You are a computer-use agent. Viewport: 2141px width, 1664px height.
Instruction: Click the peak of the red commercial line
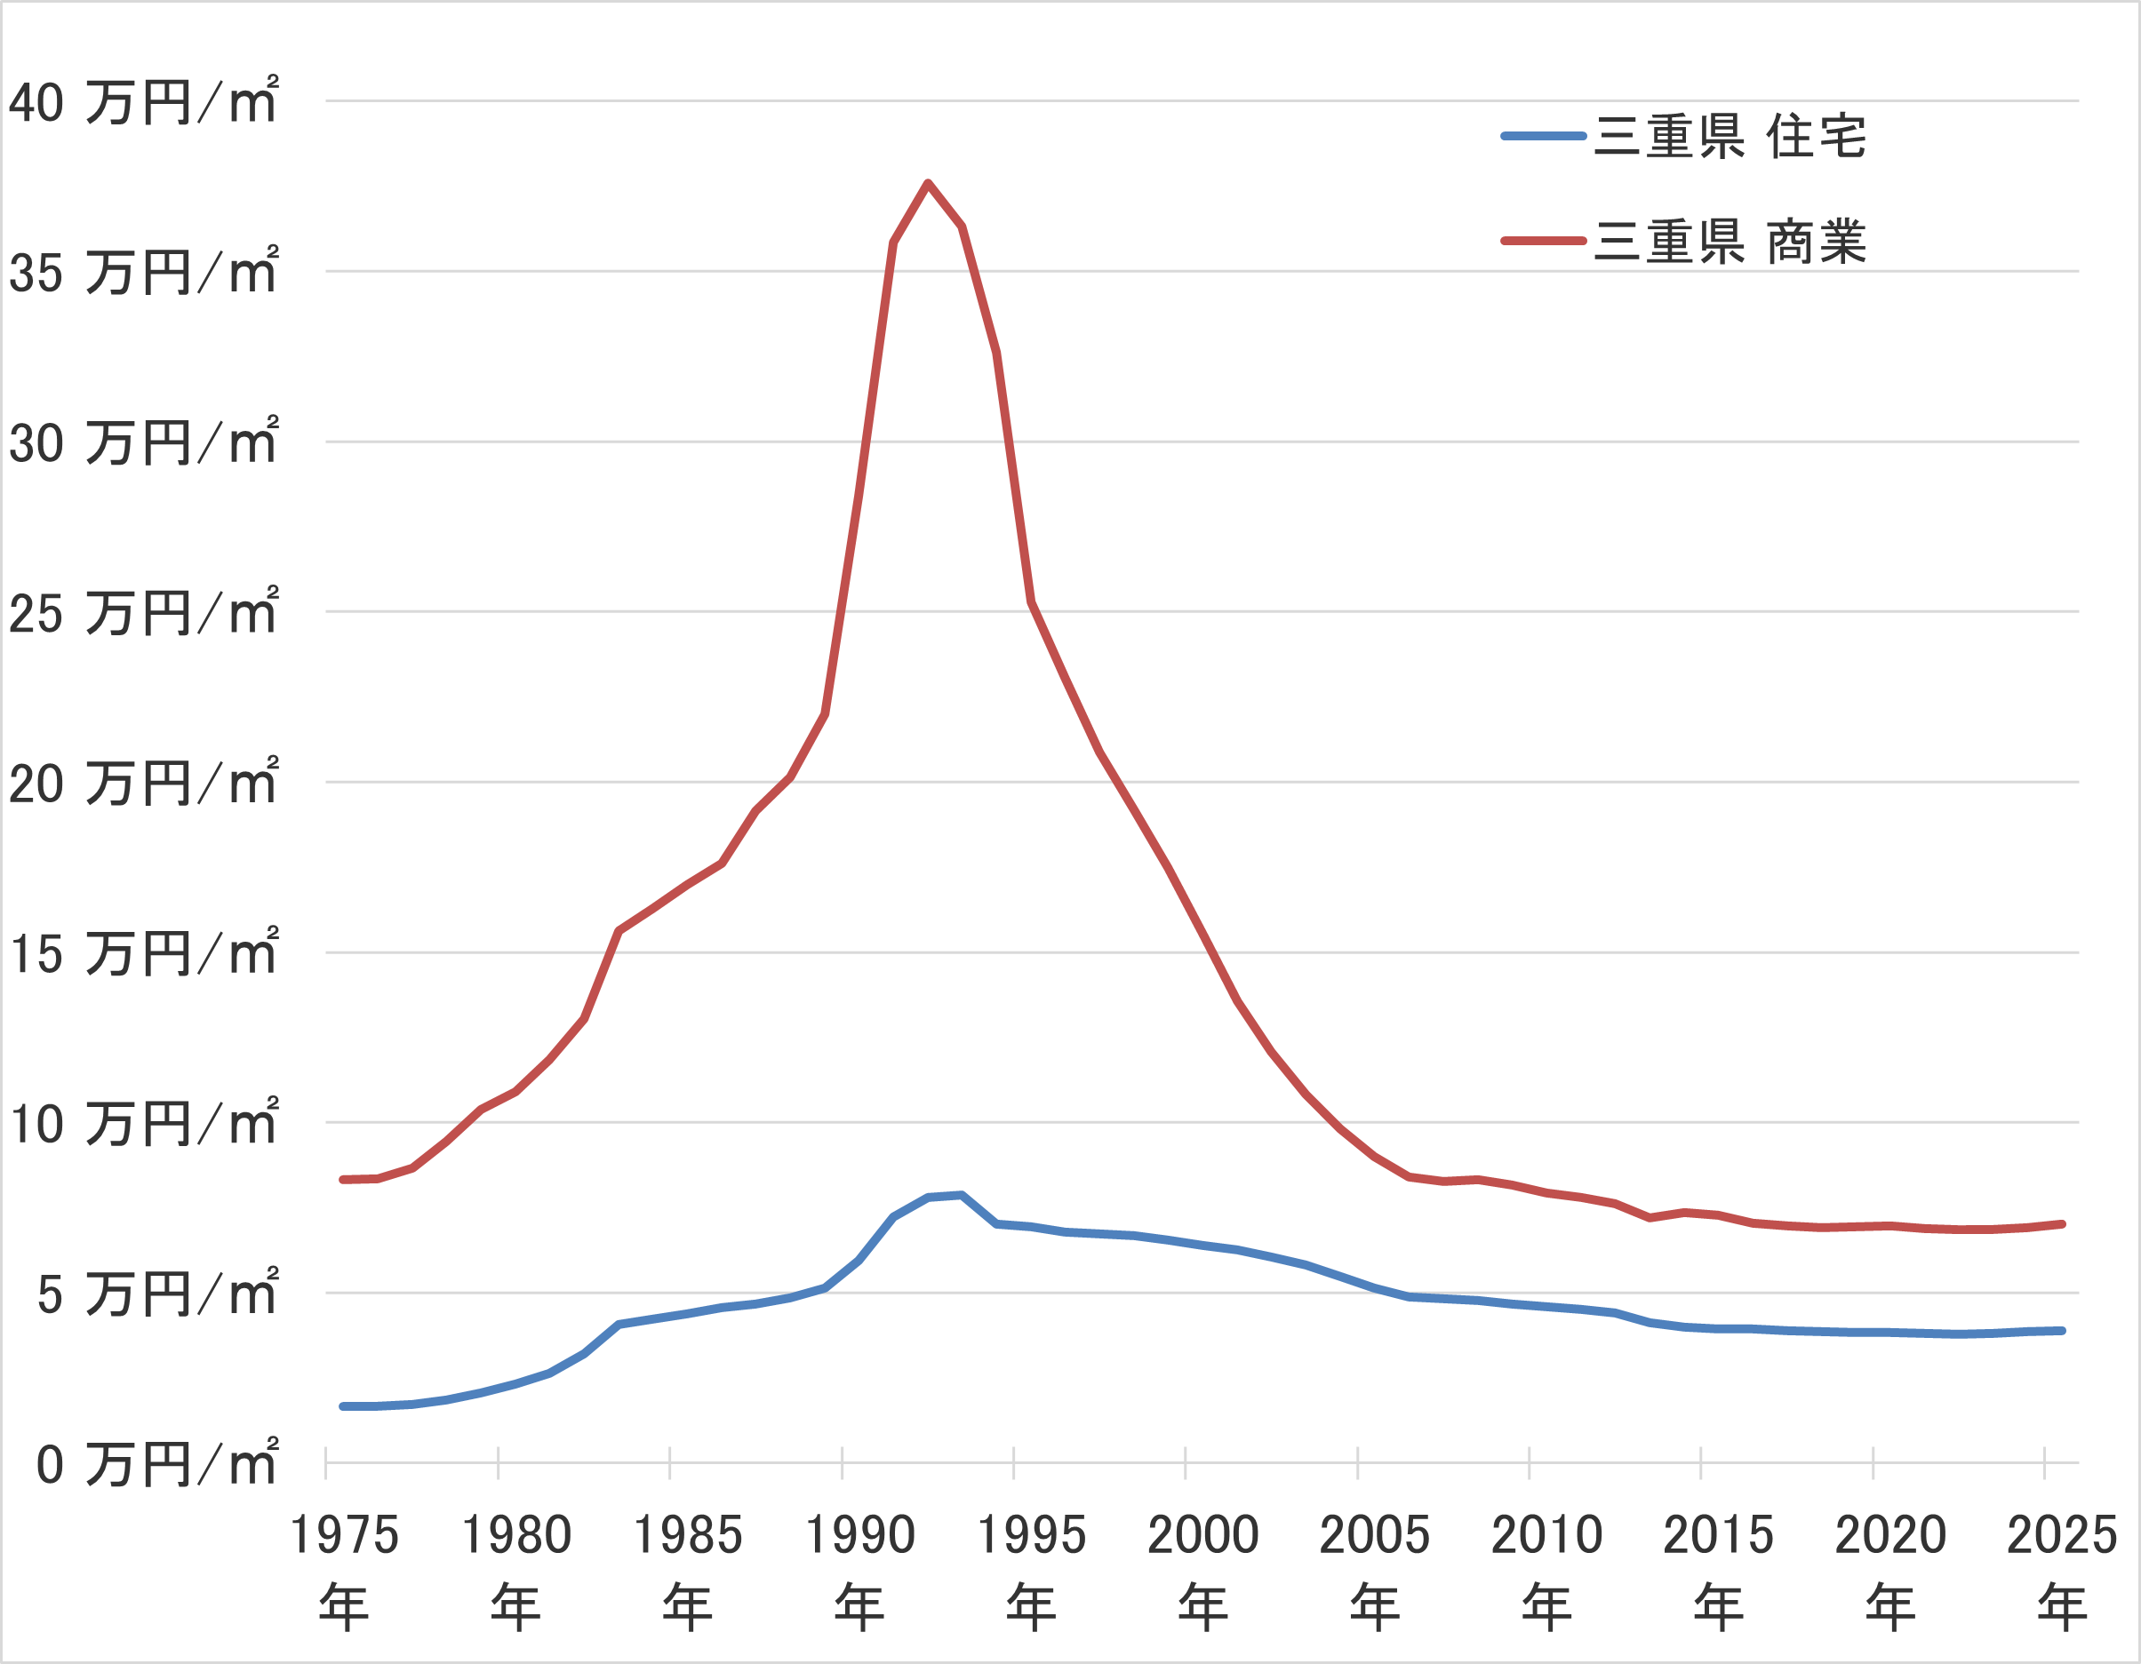click(x=927, y=183)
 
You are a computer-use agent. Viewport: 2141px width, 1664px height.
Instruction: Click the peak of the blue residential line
click(x=962, y=1195)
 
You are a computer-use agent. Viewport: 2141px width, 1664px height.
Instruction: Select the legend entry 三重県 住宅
click(x=1730, y=136)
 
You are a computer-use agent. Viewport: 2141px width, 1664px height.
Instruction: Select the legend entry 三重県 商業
click(x=1730, y=241)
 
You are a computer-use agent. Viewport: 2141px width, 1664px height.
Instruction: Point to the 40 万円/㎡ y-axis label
click(x=143, y=101)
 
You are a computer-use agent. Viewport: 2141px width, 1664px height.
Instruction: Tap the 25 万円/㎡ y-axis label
click(x=143, y=612)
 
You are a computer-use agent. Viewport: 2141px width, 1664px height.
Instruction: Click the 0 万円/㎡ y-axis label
click(x=156, y=1464)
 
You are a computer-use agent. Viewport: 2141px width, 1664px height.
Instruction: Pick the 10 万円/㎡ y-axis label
click(x=143, y=1123)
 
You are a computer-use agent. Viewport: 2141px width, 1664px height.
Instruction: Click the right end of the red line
click(x=2063, y=1224)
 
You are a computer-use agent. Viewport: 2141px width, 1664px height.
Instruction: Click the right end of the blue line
click(x=2063, y=1331)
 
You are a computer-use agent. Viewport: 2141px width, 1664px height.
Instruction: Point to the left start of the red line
click(x=343, y=1180)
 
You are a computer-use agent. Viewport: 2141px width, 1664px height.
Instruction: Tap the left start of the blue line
click(x=343, y=1406)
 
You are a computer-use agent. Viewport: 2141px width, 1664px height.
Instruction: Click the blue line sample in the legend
click(x=1544, y=136)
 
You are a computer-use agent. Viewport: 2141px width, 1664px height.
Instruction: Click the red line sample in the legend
click(x=1544, y=241)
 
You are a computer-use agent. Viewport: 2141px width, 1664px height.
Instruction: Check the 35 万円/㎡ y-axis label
click(x=143, y=272)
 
